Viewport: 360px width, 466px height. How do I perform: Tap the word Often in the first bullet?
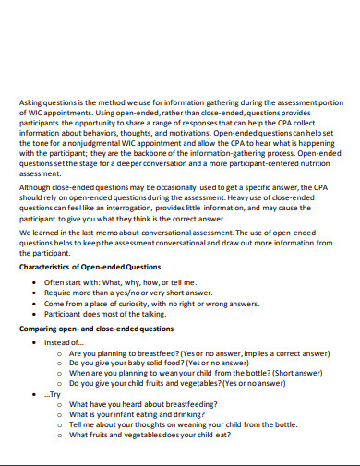coord(55,281)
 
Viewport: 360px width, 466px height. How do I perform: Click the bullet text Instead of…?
coord(63,341)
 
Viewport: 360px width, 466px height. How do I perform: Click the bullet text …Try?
coord(54,394)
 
